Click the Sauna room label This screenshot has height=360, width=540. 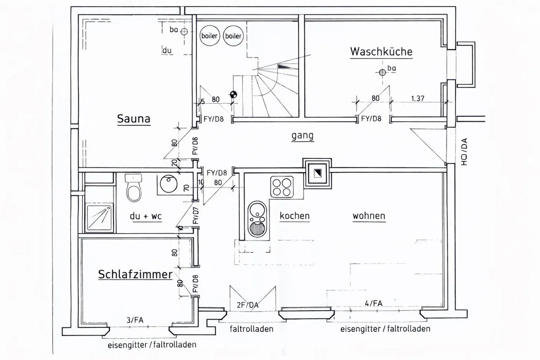tap(133, 119)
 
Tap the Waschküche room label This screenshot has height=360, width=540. tap(381, 52)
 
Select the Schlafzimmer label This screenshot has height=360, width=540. tap(135, 274)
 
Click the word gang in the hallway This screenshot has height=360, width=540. tap(302, 136)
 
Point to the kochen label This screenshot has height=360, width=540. tap(295, 216)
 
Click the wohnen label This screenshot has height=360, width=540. tap(369, 216)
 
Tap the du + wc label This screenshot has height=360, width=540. tap(145, 216)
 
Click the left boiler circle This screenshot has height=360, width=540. tap(209, 36)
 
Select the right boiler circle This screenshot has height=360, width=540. tap(233, 36)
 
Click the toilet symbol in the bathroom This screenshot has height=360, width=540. tap(133, 187)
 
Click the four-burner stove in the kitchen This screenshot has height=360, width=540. tap(281, 186)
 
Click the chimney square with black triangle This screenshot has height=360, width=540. tap(317, 173)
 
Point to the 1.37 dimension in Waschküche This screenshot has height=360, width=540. tap(417, 99)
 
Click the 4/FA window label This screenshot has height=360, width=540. tap(373, 303)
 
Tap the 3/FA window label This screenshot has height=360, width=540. tap(135, 320)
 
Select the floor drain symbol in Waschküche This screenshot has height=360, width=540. tap(382, 72)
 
